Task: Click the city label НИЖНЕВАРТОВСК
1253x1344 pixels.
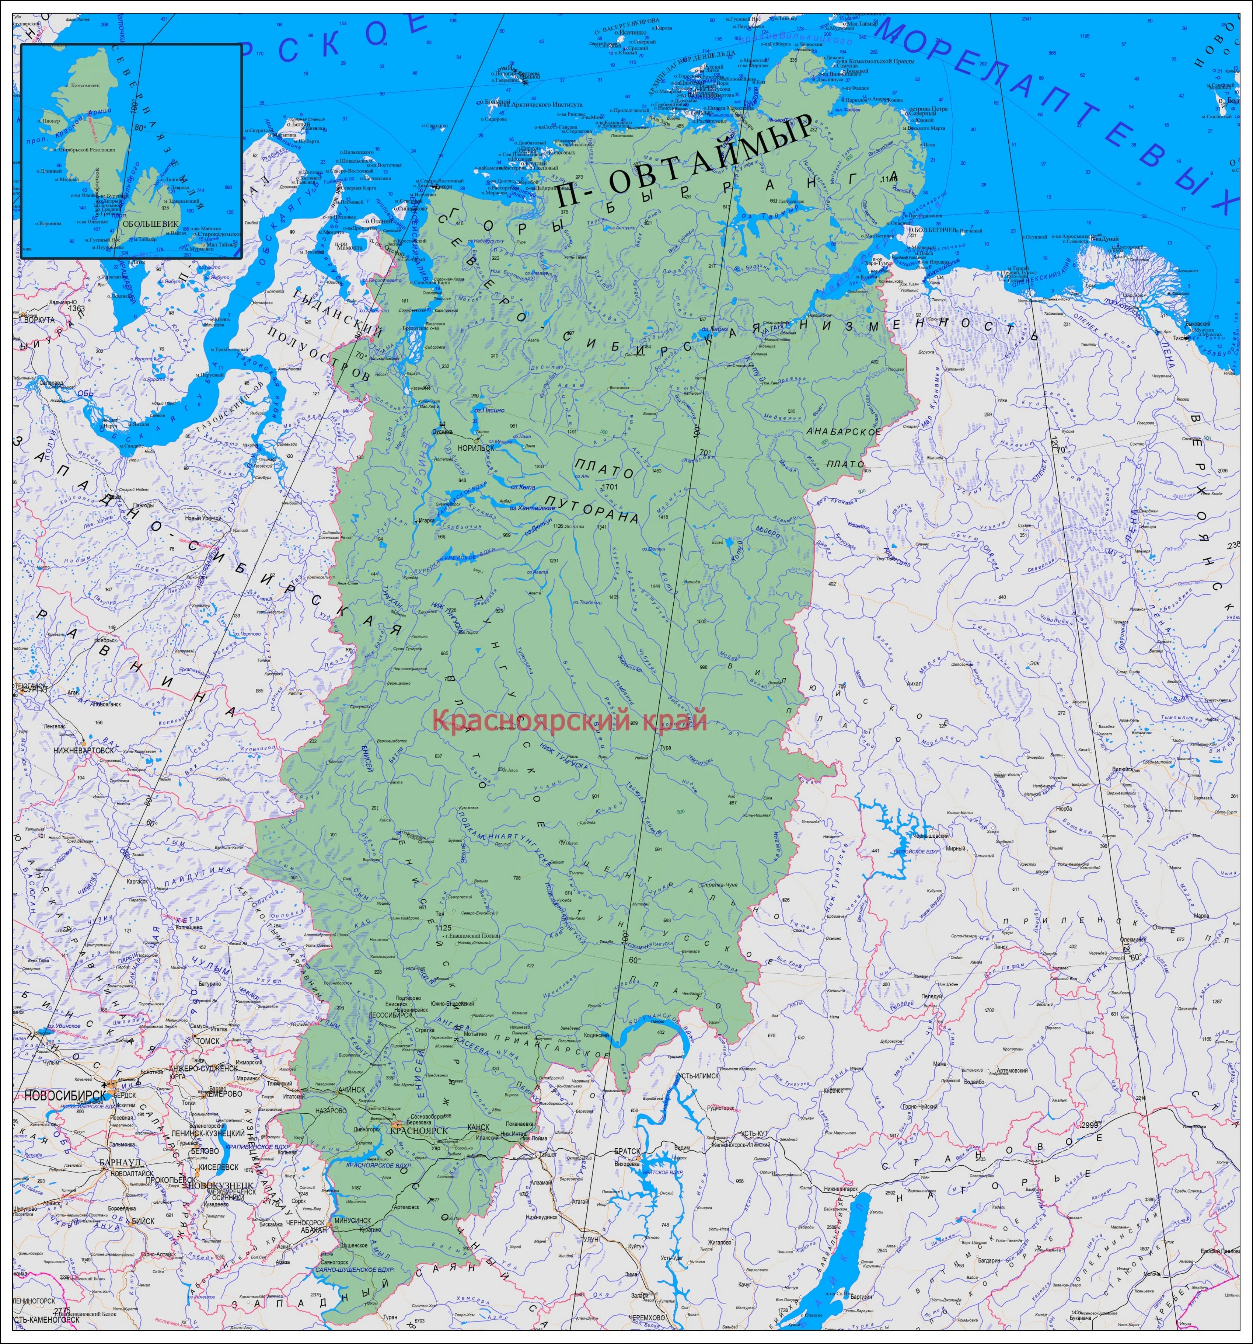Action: [x=84, y=750]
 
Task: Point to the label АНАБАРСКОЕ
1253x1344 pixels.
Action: [x=844, y=431]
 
